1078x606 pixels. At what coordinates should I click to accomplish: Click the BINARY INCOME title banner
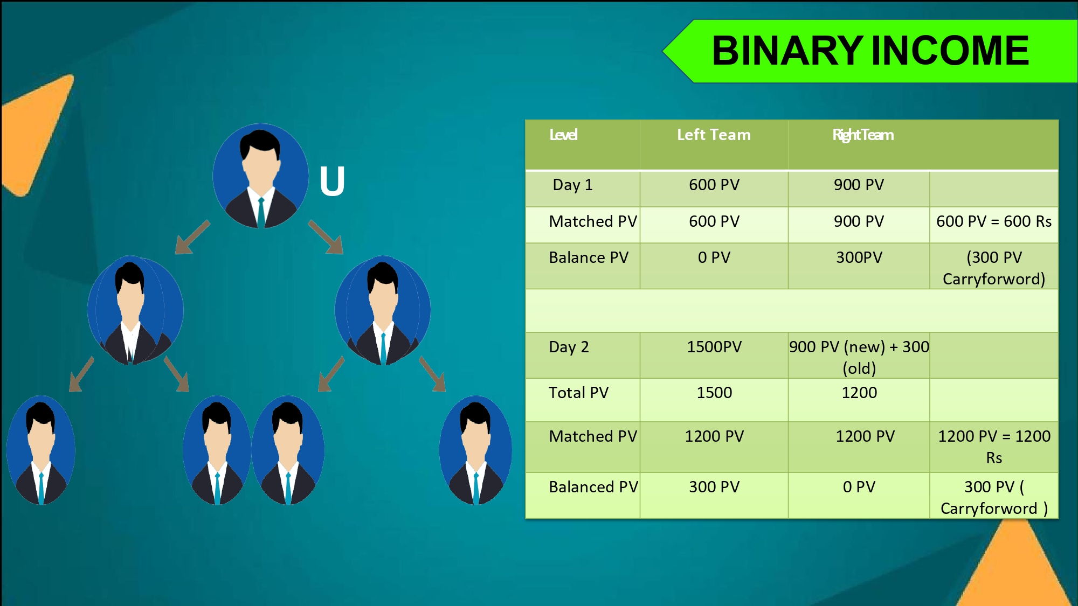click(x=870, y=51)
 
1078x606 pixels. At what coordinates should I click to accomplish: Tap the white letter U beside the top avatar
click(x=332, y=181)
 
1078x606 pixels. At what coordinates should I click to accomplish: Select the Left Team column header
click(x=714, y=135)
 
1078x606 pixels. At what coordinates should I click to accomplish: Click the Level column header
click(x=563, y=135)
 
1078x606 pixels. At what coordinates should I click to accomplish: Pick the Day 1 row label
click(x=572, y=185)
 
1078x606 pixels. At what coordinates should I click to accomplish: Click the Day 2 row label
click(x=569, y=347)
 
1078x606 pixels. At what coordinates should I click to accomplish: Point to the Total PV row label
click(x=578, y=393)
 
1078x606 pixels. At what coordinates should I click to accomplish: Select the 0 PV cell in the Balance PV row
click(x=714, y=257)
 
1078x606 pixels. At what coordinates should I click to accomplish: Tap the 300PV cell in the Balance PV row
click(x=859, y=257)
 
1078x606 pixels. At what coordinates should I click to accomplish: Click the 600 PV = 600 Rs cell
click(x=994, y=221)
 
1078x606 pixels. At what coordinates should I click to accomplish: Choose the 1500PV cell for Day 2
click(x=714, y=347)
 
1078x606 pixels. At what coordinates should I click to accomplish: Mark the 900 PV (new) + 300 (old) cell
click(x=859, y=357)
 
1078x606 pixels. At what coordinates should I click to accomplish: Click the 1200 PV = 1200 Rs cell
click(x=994, y=447)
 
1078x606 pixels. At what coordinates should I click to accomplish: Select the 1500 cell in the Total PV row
click(x=714, y=393)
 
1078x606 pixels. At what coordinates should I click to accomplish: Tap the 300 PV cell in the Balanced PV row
click(x=714, y=487)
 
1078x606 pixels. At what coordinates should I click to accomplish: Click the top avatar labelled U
click(x=260, y=176)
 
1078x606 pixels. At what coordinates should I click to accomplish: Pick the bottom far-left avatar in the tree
click(x=41, y=450)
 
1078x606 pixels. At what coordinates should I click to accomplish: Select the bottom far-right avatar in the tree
click(x=475, y=450)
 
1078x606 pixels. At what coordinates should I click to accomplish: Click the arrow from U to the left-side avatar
click(x=192, y=237)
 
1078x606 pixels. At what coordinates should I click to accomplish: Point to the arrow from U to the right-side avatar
click(x=326, y=237)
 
